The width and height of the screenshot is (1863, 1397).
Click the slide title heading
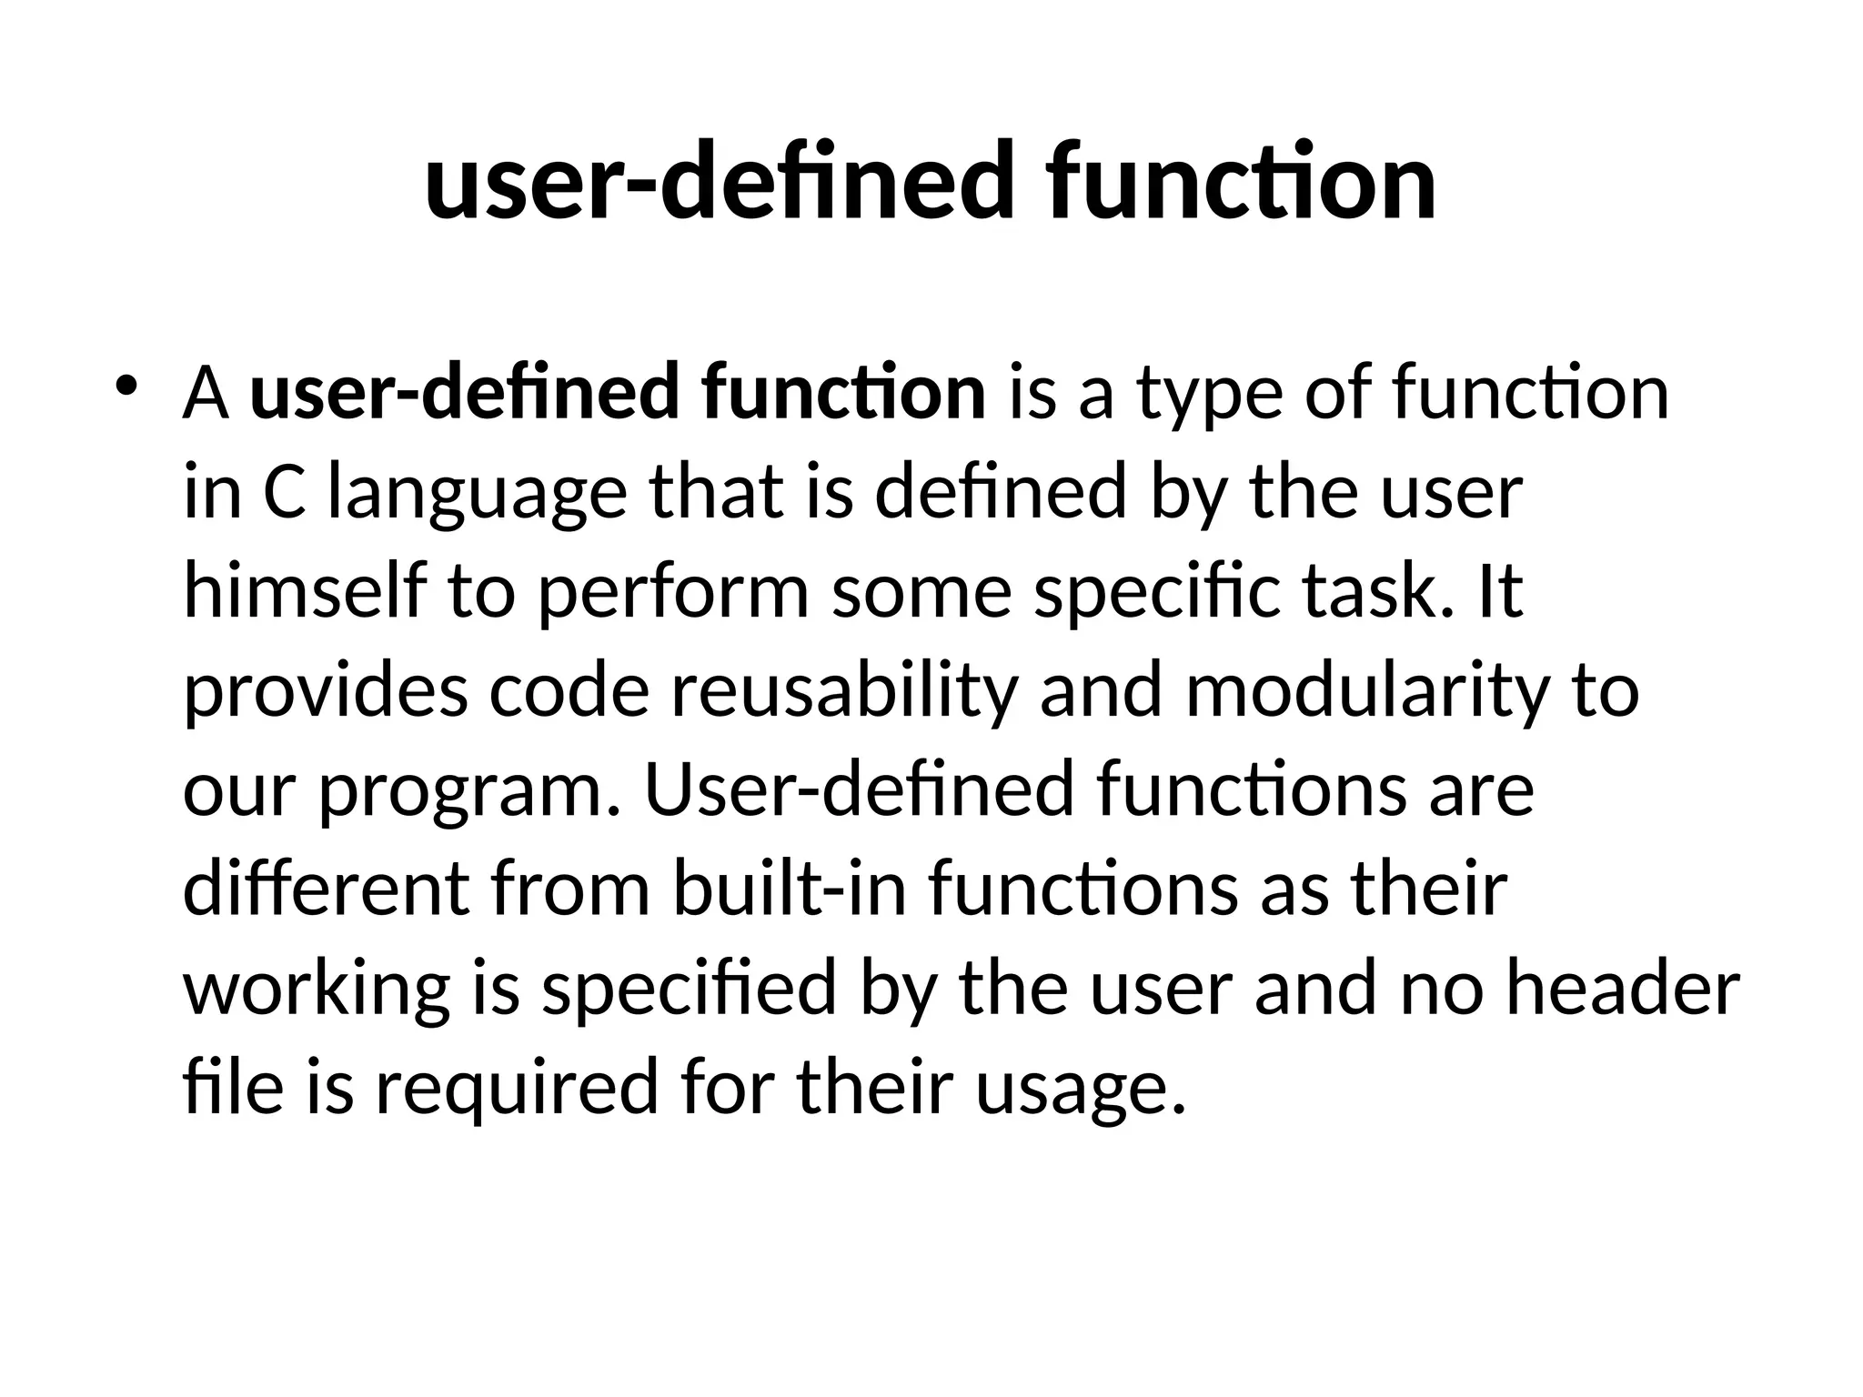click(930, 182)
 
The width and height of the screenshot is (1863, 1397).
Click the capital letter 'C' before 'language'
click(283, 495)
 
